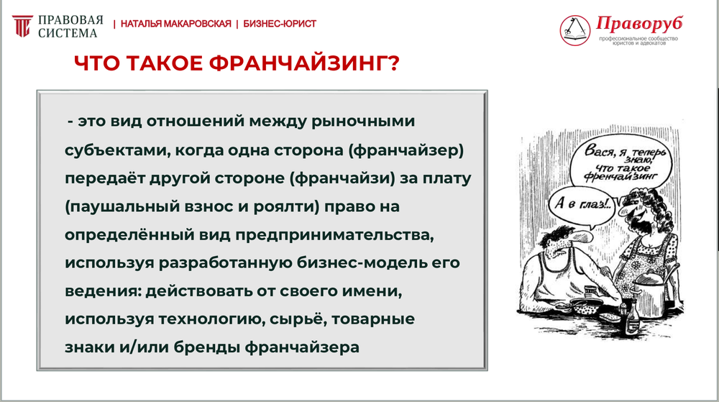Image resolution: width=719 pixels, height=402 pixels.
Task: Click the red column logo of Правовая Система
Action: point(22,26)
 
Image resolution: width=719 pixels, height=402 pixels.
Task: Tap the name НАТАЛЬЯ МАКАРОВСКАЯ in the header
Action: point(175,24)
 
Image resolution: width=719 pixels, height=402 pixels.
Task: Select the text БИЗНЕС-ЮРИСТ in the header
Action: point(280,24)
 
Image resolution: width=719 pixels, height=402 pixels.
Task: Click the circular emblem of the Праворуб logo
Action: point(574,30)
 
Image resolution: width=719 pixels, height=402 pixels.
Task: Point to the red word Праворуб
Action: point(639,24)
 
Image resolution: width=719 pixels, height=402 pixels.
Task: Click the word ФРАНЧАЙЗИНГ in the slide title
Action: point(304,63)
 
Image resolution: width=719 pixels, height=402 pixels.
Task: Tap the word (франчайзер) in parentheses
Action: point(406,150)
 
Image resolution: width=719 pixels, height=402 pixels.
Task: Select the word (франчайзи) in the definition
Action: point(342,178)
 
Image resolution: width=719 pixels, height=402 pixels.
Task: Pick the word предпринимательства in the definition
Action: point(334,235)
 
